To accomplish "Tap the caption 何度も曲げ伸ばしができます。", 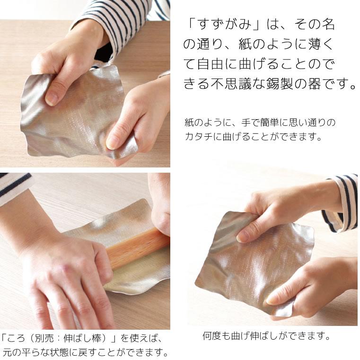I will click(266, 336).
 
